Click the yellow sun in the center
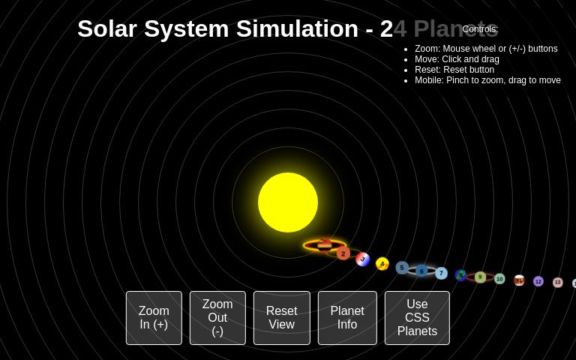(x=288, y=202)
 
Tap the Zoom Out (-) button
(x=217, y=318)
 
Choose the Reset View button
(x=281, y=318)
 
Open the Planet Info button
(x=347, y=318)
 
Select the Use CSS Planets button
(x=417, y=318)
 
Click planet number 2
(x=343, y=253)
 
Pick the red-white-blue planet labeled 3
(x=363, y=259)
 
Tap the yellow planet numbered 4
(x=382, y=264)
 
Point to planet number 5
(x=402, y=268)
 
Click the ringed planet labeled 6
(x=421, y=271)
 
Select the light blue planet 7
(x=441, y=274)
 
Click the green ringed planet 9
(x=480, y=277)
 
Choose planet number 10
(x=499, y=279)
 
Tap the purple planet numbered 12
(x=538, y=281)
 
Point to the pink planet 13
(x=557, y=282)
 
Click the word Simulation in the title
(x=297, y=28)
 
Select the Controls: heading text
(x=480, y=29)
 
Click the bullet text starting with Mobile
(x=487, y=80)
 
